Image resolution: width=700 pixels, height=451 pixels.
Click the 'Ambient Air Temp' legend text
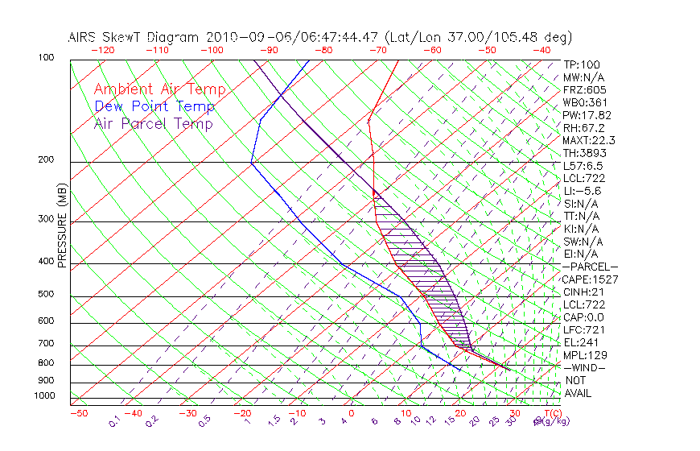[159, 89]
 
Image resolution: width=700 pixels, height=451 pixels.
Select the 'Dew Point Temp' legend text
[154, 106]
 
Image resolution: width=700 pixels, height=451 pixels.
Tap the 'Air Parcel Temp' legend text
[154, 123]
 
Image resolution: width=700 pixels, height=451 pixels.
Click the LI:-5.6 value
[583, 191]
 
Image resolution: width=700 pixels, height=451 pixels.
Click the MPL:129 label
[584, 355]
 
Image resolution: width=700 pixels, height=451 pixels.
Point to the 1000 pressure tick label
[45, 396]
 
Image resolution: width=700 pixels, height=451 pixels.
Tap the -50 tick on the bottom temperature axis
[78, 413]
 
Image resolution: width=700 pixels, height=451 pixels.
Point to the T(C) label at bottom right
[552, 413]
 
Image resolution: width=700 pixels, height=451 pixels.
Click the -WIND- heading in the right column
[584, 367]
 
